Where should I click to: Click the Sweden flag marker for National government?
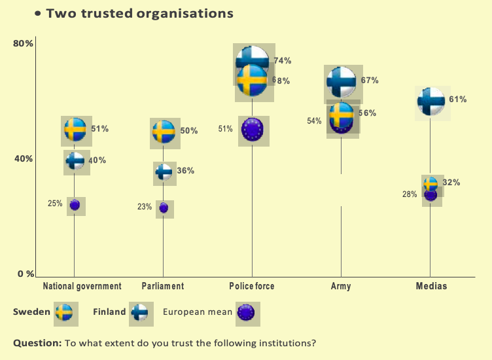(75, 130)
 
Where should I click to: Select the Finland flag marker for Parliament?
(164, 171)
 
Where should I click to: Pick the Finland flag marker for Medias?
(430, 101)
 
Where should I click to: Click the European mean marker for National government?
(75, 205)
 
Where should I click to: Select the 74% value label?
(283, 61)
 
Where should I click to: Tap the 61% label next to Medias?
(458, 99)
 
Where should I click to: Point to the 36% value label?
(186, 171)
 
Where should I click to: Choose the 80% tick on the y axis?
(23, 44)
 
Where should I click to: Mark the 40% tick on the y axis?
(23, 159)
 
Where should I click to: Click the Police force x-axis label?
(252, 286)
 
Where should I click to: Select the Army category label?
(341, 286)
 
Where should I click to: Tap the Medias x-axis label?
(431, 286)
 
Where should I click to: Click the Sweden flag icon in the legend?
(63, 313)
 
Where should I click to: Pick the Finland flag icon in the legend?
(139, 313)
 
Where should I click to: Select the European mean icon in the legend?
(246, 313)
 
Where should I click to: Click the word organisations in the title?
(182, 13)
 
